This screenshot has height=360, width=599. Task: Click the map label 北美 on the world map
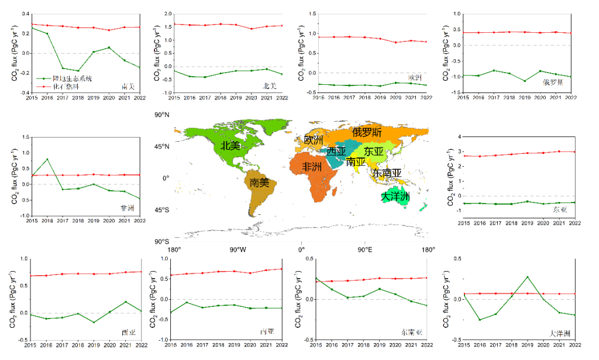pyautogui.click(x=230, y=146)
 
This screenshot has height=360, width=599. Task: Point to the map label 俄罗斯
pyautogui.click(x=367, y=132)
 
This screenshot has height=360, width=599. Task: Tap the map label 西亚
pyautogui.click(x=336, y=152)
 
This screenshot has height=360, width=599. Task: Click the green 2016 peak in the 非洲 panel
pyautogui.click(x=47, y=159)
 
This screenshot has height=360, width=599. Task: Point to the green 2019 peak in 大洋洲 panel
pyautogui.click(x=526, y=276)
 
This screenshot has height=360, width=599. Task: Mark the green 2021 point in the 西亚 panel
pyautogui.click(x=125, y=302)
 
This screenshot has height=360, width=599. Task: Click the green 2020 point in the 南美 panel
pyautogui.click(x=109, y=47)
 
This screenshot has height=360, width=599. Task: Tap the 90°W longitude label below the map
pyautogui.click(x=237, y=250)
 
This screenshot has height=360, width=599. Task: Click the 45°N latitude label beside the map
pyautogui.click(x=161, y=146)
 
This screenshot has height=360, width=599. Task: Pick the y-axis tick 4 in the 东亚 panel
pyautogui.click(x=460, y=136)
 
